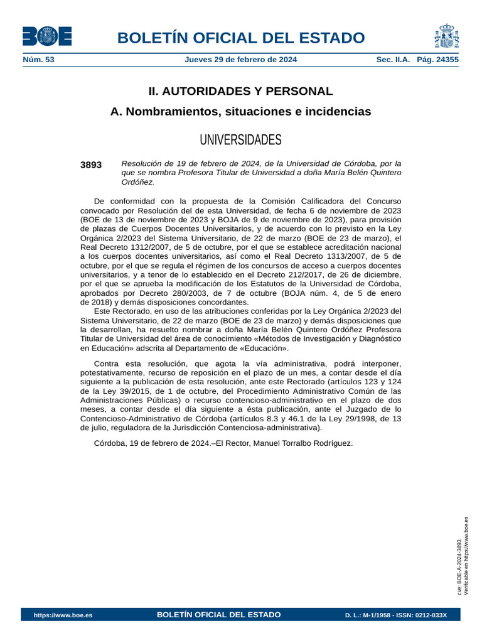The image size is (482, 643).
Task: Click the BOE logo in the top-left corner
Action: point(47,36)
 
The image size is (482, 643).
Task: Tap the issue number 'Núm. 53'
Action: point(38,60)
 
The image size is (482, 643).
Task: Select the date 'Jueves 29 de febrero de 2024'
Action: point(241,60)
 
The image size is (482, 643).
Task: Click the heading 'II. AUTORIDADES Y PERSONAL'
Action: point(240,91)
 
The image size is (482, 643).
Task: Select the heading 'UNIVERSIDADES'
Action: point(240,139)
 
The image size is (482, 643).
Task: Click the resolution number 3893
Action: point(91,165)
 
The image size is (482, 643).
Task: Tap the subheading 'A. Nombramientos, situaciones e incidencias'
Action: point(240,112)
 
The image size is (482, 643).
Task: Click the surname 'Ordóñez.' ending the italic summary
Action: point(137,182)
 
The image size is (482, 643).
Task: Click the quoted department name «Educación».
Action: point(263,348)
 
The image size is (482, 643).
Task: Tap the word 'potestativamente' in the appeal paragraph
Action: point(115,373)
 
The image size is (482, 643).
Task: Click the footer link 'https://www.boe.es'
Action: point(63,615)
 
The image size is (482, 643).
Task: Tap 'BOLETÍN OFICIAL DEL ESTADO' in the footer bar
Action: point(218,614)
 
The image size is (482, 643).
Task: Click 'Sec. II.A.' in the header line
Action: point(393,60)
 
